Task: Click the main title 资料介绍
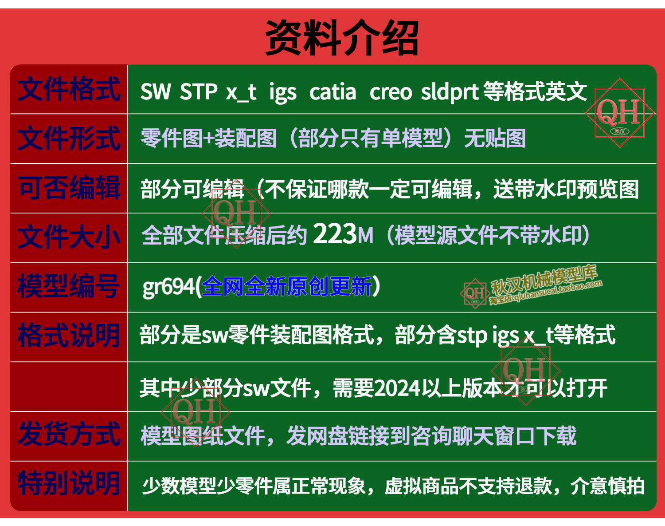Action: [x=342, y=38]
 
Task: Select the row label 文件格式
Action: [x=69, y=89]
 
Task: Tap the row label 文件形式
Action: [x=69, y=138]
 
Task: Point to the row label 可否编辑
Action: [x=69, y=187]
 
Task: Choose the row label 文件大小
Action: [x=69, y=237]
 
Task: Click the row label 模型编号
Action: [x=68, y=286]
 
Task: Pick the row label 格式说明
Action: [x=68, y=336]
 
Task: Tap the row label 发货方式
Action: [x=69, y=434]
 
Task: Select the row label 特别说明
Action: [x=68, y=484]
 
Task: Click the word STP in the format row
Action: [x=199, y=91]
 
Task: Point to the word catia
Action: [x=332, y=92]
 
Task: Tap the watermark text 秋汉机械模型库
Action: [x=544, y=280]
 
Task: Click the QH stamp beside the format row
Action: [x=619, y=113]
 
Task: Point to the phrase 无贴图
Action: [x=495, y=138]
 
